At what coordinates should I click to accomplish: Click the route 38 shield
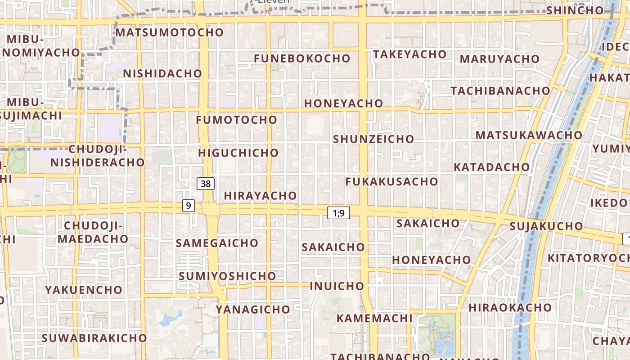(206, 184)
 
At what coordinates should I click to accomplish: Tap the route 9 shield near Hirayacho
(189, 206)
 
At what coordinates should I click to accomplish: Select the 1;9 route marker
(338, 213)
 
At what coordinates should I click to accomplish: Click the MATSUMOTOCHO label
(170, 32)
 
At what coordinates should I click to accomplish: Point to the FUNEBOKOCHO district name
(302, 58)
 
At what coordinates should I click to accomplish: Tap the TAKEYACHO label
(409, 54)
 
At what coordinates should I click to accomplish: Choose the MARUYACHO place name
(499, 59)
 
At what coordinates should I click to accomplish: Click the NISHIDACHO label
(162, 73)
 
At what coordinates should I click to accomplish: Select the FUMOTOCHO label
(237, 120)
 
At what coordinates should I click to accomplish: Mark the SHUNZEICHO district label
(373, 139)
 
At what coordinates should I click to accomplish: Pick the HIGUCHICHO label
(238, 153)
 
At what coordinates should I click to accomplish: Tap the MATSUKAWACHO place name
(529, 135)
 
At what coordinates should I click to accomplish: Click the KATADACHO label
(492, 167)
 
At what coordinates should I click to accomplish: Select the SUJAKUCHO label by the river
(546, 226)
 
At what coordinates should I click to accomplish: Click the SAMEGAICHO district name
(217, 243)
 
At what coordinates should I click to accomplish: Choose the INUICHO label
(337, 286)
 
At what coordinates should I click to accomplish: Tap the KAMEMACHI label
(374, 318)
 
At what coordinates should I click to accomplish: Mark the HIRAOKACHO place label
(510, 308)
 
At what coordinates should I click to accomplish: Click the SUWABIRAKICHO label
(94, 338)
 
